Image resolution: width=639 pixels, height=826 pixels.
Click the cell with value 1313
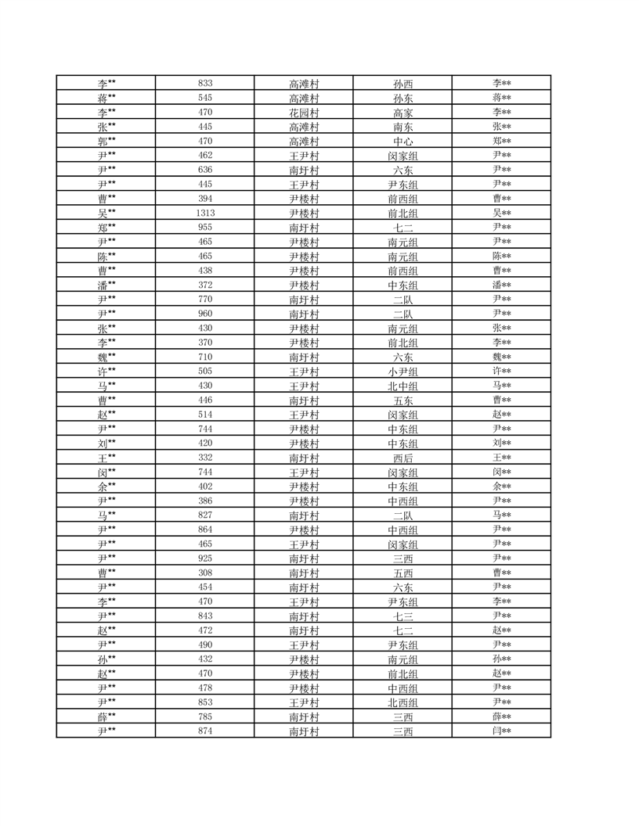tap(206, 213)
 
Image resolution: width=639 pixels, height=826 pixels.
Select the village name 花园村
tap(304, 113)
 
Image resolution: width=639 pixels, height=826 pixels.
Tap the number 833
tap(206, 84)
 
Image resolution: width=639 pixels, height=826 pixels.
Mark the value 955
tap(206, 228)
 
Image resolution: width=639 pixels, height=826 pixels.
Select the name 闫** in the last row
tap(502, 731)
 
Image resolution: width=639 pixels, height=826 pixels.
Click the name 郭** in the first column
tap(106, 142)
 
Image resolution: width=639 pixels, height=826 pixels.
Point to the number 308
tap(206, 573)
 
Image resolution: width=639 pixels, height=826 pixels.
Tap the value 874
tap(206, 731)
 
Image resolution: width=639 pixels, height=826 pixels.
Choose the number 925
tap(206, 558)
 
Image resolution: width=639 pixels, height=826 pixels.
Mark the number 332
tap(206, 458)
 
